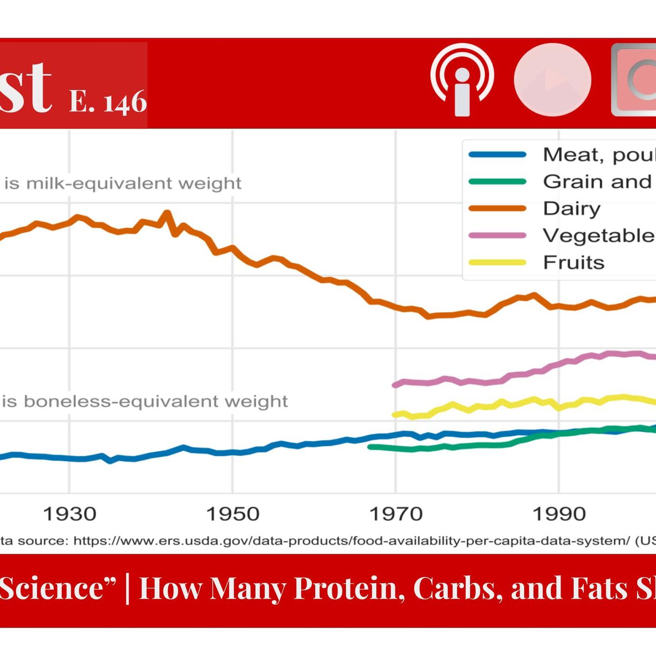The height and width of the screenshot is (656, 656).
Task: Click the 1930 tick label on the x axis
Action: click(70, 514)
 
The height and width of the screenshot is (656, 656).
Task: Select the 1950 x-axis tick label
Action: click(233, 514)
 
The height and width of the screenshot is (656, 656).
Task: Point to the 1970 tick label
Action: click(396, 514)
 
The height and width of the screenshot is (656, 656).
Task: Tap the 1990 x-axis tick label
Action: click(559, 514)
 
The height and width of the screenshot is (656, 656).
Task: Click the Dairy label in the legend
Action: click(572, 209)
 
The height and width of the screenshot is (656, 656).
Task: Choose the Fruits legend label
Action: click(574, 262)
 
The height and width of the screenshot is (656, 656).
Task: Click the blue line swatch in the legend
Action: click(497, 155)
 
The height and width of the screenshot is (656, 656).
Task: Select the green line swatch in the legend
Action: click(497, 182)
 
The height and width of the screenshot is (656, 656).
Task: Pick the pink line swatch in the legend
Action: click(497, 235)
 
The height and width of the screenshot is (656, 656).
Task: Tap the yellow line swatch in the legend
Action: click(497, 262)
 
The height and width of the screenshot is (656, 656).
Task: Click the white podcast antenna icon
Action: click(462, 80)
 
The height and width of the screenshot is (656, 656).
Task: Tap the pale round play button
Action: click(552, 80)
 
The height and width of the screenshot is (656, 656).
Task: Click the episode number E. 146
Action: click(108, 101)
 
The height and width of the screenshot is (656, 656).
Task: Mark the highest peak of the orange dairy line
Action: click(166, 213)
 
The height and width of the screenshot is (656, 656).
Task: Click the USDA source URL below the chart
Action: click(351, 541)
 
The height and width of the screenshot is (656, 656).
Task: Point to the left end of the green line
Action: click(370, 447)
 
